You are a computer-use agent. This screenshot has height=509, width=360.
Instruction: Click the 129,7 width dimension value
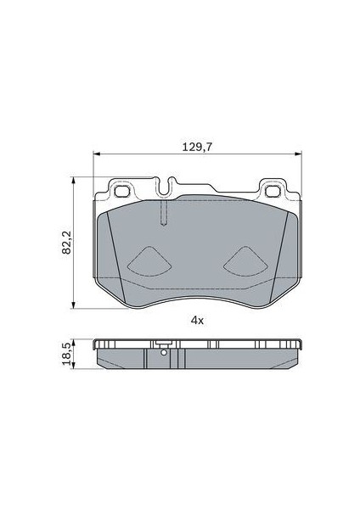[x=197, y=147]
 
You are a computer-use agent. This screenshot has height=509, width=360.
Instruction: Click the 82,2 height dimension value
[x=66, y=243]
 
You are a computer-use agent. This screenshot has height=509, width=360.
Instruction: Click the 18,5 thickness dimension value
[x=66, y=354]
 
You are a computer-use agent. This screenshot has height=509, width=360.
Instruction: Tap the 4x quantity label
[x=197, y=321]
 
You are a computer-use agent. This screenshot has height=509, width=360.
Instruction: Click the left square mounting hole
[x=122, y=191]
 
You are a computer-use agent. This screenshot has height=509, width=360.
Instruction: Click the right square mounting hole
[x=273, y=191]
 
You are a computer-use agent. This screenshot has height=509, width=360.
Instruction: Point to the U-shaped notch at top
[x=165, y=188]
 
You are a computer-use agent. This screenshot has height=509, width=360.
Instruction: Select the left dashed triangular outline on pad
[x=149, y=261]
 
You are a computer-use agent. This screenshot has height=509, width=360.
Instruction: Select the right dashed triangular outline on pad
[x=245, y=261]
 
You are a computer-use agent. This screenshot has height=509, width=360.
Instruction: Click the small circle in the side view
[x=164, y=353]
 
